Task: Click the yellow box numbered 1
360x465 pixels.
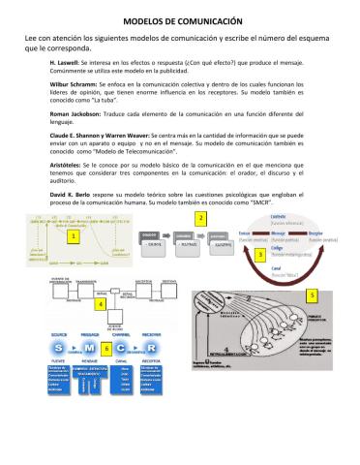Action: tap(73, 234)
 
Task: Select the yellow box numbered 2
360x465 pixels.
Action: tap(199, 219)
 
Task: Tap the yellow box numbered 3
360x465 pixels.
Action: tap(259, 253)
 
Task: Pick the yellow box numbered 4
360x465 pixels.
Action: tap(101, 302)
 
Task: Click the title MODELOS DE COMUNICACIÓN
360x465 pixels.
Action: tap(179, 18)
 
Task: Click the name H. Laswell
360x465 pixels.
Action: tap(66, 60)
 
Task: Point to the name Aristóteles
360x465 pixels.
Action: tap(69, 166)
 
